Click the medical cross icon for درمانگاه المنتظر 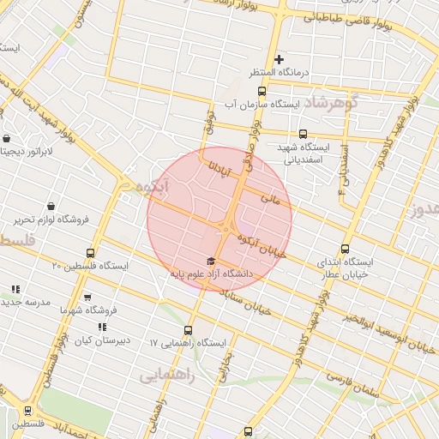pyautogui.click(x=279, y=59)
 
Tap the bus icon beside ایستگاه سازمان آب pyautogui.click(x=262, y=90)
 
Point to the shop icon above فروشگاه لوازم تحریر pyautogui.click(x=51, y=206)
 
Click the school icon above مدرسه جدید pyautogui.click(x=15, y=290)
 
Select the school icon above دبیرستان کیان pyautogui.click(x=102, y=327)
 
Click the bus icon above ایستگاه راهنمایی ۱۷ pyautogui.click(x=188, y=330)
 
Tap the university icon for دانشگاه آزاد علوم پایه pyautogui.click(x=212, y=261)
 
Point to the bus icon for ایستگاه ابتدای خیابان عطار pyautogui.click(x=346, y=249)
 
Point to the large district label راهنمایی pyautogui.click(x=167, y=376)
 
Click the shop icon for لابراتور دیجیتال pyautogui.click(x=7, y=139)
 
